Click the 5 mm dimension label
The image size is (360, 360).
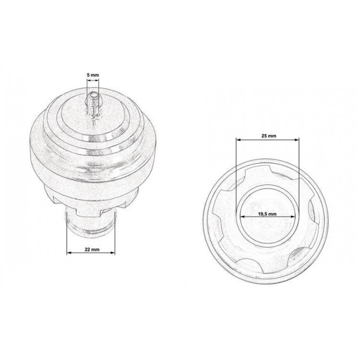[x=93, y=75]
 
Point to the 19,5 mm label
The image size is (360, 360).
[x=267, y=214]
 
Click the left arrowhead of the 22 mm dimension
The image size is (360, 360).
[x=69, y=253]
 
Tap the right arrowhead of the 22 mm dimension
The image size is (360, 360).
[x=112, y=253]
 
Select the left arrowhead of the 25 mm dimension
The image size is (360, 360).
[x=239, y=140]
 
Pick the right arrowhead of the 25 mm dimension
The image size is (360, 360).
[x=296, y=140]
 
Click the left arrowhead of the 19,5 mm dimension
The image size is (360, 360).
[x=242, y=216]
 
